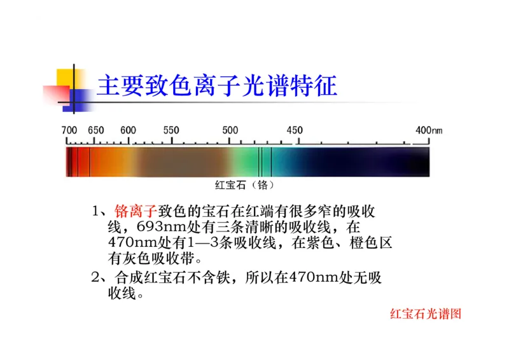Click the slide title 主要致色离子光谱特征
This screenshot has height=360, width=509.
pos(216,87)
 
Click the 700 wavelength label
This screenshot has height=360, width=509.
pos(69,130)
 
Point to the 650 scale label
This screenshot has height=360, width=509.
pos(96,130)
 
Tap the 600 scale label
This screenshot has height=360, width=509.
pos(128,130)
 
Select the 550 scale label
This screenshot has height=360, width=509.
pos(171,130)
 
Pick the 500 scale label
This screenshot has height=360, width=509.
pos(230,130)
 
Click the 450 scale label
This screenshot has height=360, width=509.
pos(295,130)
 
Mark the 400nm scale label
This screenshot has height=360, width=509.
pos(428,130)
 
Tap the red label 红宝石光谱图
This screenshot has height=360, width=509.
pos(425,314)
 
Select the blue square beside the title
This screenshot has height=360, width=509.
pos(78,100)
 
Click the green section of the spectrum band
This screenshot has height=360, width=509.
pos(245,162)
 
